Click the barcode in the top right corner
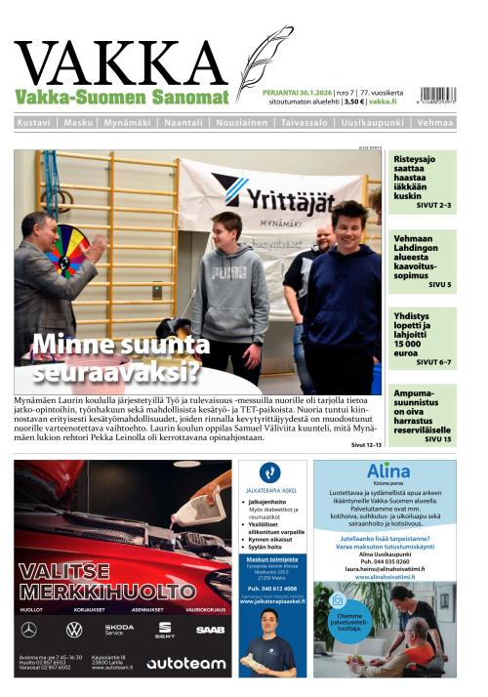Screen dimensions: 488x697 click(435, 96)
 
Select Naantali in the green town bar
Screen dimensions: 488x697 click(183, 123)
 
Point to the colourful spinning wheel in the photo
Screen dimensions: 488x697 click(67, 248)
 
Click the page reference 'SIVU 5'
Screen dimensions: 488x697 click(440, 284)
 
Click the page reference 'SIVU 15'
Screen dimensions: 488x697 click(438, 439)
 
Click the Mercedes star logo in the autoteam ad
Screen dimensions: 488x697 click(28, 630)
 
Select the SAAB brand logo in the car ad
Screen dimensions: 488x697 click(210, 630)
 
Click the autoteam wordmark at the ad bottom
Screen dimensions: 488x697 click(185, 664)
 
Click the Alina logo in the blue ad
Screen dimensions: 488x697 click(388, 471)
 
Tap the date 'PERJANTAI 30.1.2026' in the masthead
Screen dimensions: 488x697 click(297, 93)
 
